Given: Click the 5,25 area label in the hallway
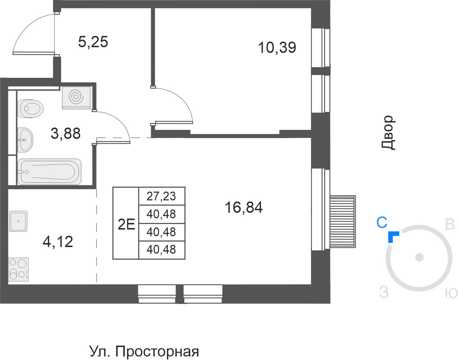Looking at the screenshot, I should point(93,42).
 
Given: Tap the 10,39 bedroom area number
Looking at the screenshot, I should point(277,48).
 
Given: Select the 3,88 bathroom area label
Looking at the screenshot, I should point(65,134).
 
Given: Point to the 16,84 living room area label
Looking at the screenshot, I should point(244,208).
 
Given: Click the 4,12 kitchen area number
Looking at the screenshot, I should point(58,242).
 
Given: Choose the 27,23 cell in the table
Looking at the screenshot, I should point(161,196).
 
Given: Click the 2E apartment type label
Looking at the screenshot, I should point(126,224).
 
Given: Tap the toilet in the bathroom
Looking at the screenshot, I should point(30,109).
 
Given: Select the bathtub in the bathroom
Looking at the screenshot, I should point(49,172).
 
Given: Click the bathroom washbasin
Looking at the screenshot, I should point(25,140).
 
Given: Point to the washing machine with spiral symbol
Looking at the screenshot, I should point(76,97).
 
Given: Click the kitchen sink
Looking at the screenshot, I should point(18,221).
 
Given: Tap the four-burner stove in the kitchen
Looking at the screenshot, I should point(18,269).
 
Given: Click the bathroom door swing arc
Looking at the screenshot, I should point(117,122).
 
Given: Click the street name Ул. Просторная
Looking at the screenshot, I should point(144,352).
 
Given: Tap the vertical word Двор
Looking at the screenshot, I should point(388,133).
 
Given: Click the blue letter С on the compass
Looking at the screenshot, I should point(382,223).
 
